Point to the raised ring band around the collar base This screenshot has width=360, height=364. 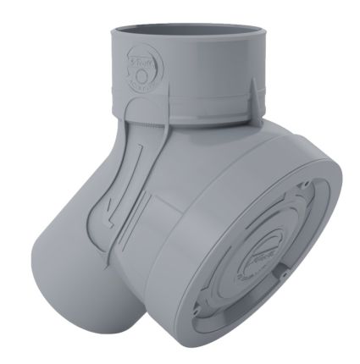195,110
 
